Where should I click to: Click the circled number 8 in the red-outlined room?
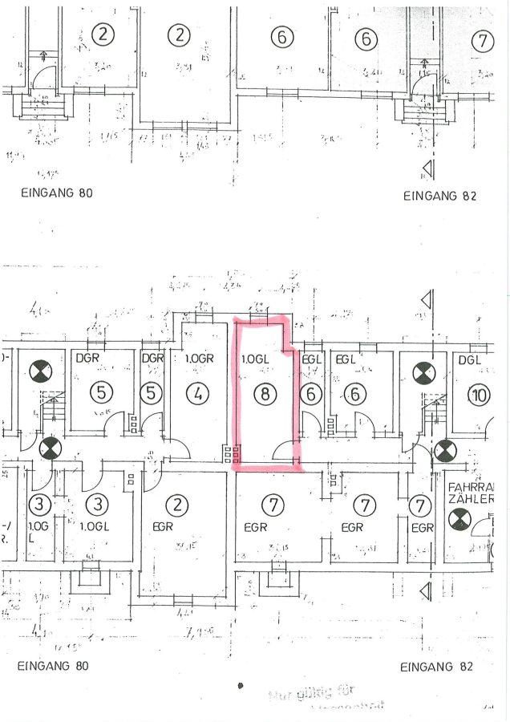tap(264, 393)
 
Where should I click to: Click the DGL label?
tap(470, 360)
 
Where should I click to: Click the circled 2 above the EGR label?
tap(176, 505)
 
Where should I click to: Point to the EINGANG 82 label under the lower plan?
tap(436, 667)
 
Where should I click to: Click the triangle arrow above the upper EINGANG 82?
tap(428, 168)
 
